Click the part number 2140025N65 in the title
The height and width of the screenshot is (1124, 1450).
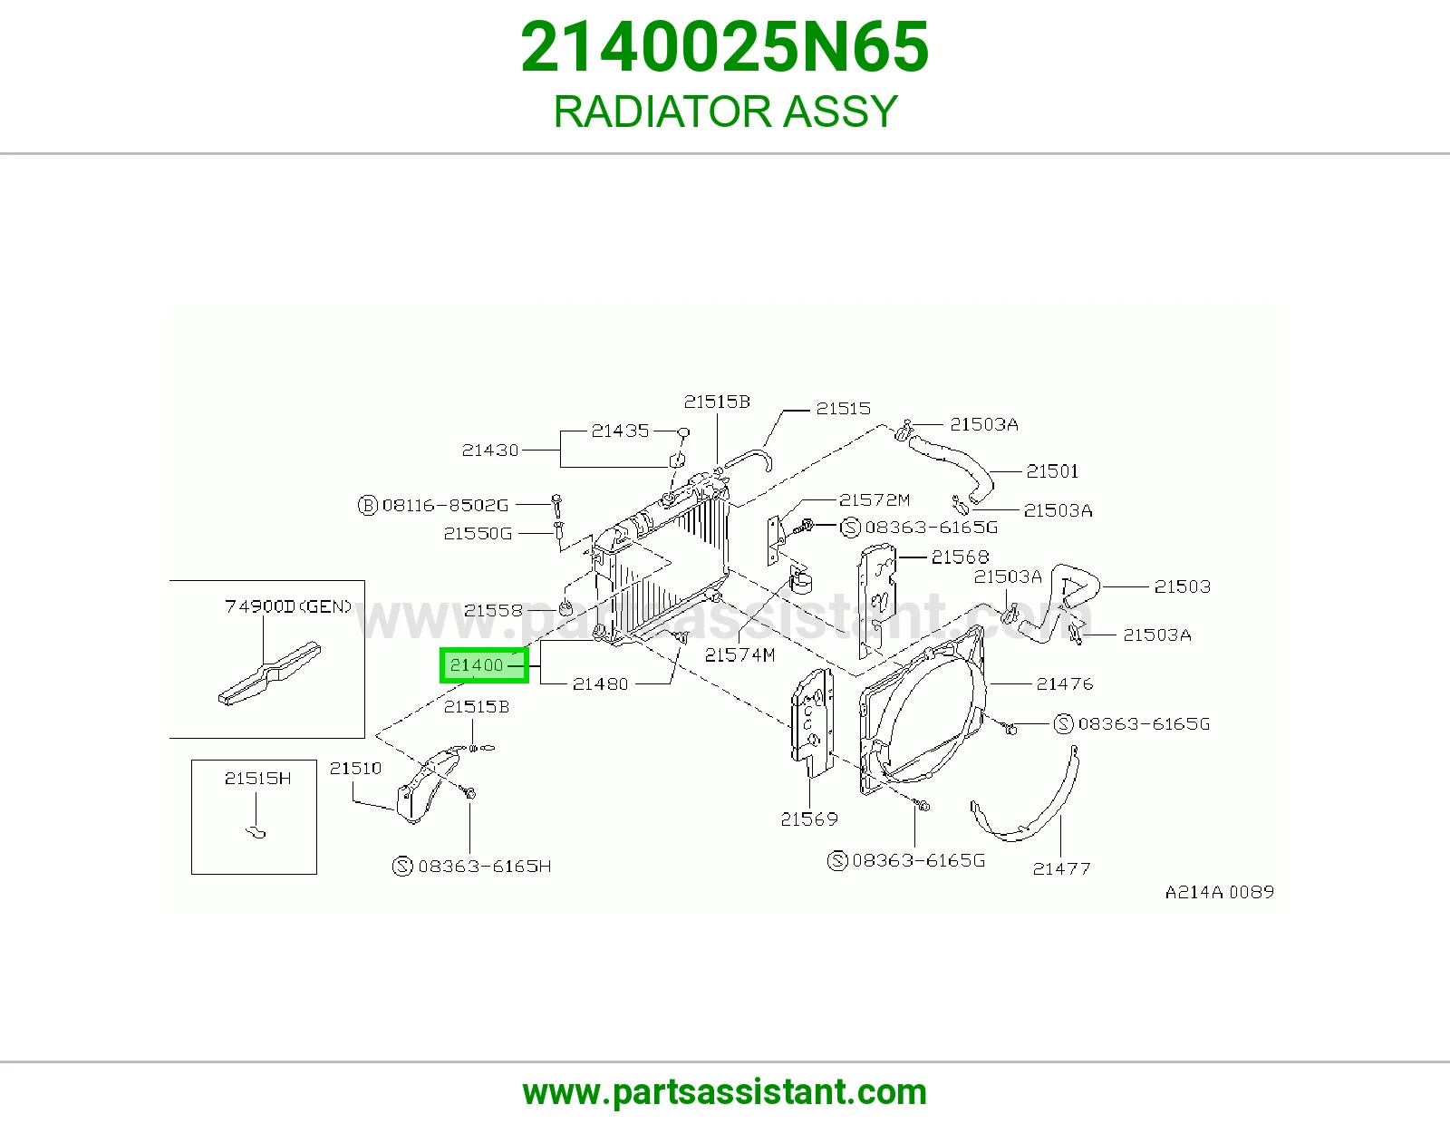725,47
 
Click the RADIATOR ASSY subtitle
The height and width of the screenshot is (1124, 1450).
725,111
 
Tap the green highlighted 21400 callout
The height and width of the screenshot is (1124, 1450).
484,665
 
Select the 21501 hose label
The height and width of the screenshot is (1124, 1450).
1052,471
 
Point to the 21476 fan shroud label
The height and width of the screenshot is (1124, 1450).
1064,683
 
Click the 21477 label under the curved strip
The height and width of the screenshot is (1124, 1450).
1061,868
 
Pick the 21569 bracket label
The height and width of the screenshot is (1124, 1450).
808,819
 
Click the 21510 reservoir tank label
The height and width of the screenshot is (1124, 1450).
355,769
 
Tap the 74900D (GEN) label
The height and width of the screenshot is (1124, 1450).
288,606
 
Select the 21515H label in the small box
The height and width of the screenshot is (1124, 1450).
257,779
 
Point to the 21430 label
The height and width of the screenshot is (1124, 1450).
489,451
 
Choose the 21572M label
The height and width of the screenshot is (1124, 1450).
875,500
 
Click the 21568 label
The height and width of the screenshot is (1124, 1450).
960,557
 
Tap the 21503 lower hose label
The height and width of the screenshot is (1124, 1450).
1182,586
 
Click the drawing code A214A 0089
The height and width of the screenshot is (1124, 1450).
1219,892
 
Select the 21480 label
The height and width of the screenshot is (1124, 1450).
600,684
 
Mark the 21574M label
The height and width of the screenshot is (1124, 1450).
739,655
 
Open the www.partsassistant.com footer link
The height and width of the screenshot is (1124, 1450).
725,1092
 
